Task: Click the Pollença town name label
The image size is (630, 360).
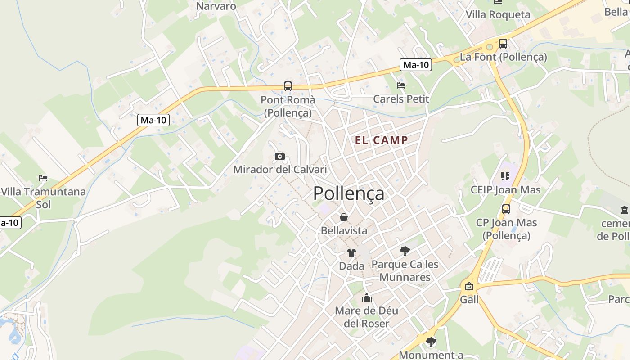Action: (x=349, y=193)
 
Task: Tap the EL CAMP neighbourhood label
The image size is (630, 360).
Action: (x=382, y=140)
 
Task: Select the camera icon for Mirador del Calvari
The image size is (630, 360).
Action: (x=280, y=157)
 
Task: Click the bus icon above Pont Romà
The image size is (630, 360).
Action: (x=288, y=86)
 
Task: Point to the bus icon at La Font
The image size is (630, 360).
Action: (x=503, y=44)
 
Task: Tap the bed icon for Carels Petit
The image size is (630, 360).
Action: (x=401, y=85)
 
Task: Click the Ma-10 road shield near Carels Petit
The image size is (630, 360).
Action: (x=416, y=65)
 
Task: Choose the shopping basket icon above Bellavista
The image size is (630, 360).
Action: (x=344, y=217)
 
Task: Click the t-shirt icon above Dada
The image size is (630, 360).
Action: (x=351, y=253)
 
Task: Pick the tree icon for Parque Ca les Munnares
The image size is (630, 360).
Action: (x=405, y=251)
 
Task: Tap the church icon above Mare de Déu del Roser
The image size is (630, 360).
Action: (x=367, y=297)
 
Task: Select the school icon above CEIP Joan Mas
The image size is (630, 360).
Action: (x=505, y=176)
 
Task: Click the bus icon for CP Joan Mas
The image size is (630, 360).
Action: (x=506, y=209)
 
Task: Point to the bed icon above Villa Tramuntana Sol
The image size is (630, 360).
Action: (x=43, y=178)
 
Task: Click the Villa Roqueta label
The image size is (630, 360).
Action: (x=498, y=14)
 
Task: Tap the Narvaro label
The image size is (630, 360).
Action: (x=216, y=6)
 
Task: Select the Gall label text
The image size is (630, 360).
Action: (x=469, y=299)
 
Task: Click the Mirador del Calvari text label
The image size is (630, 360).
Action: (x=280, y=170)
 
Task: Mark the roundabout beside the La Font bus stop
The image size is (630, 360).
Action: (x=489, y=46)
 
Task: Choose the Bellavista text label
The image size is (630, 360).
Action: (x=344, y=230)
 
